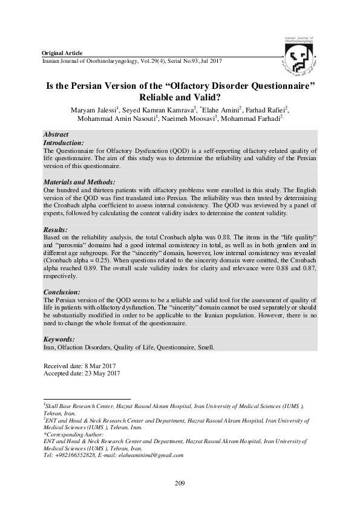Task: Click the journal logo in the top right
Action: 301,56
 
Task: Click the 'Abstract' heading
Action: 56,134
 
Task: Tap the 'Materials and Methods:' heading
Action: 79,181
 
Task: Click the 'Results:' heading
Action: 56,230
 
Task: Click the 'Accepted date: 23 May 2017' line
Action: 82,374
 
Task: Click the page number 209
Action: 180,483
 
